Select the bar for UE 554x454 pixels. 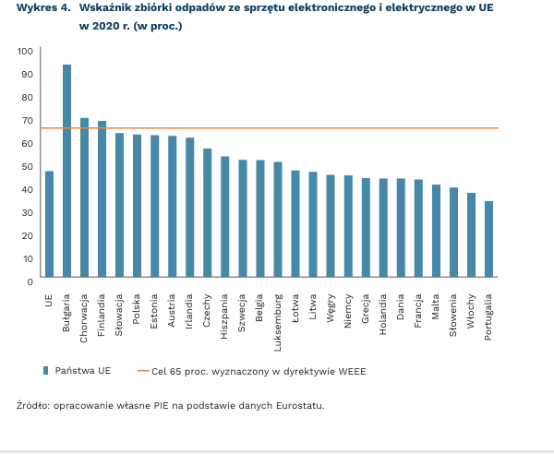click(49, 225)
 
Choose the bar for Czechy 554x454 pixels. click(208, 214)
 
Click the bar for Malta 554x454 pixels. click(436, 232)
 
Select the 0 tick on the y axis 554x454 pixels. click(30, 281)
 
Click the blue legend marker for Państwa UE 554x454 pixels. click(44, 371)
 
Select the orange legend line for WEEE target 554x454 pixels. click(142, 371)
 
